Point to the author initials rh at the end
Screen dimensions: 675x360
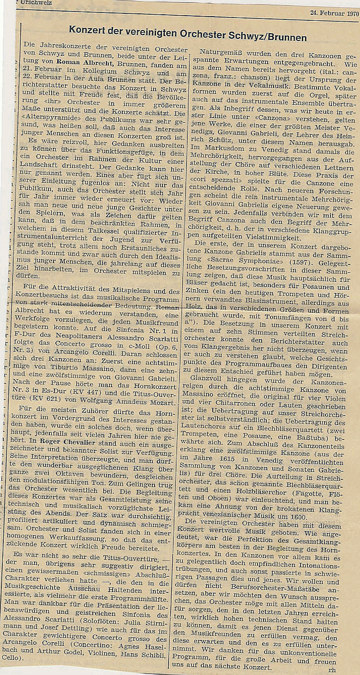click(x=332, y=669)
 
